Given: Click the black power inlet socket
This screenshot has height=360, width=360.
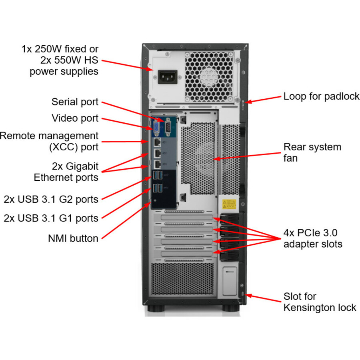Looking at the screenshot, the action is tap(168, 77).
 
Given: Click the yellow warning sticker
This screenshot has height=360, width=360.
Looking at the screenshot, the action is tap(229, 204).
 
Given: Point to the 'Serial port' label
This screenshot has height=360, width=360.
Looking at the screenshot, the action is tap(75, 102).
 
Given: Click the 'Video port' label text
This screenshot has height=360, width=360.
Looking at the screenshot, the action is tap(75, 118).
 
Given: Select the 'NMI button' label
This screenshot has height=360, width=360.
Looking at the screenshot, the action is tap(73, 238).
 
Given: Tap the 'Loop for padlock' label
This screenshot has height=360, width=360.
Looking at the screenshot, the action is tap(322, 96).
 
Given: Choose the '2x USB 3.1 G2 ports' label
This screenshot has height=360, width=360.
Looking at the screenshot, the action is tap(51, 199).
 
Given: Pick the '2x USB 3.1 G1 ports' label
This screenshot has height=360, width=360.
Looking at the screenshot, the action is tap(51, 218).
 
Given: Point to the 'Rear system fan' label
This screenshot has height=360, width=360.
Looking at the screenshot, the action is tap(312, 152).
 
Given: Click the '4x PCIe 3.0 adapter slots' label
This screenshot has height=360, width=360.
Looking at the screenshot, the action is tap(313, 238).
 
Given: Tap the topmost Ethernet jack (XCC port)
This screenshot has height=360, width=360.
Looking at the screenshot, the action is tap(157, 142).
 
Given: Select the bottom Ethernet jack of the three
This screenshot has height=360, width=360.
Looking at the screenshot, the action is tap(157, 164).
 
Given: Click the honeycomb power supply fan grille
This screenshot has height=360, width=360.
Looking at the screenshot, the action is tap(209, 77).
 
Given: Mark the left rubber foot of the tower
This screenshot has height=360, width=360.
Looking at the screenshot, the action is tap(156, 308).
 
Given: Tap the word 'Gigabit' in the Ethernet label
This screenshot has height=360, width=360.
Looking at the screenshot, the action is tap(82, 166).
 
